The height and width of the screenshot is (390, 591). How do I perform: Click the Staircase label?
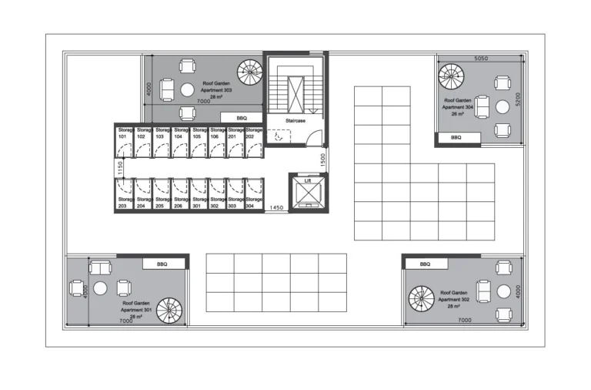(296, 121)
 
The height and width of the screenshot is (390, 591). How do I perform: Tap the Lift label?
(307, 180)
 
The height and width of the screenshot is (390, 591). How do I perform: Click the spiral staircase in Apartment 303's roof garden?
(250, 72)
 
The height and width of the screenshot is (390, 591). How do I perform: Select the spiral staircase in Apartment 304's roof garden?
(451, 76)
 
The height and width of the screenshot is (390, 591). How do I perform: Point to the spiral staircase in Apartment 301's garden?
(169, 310)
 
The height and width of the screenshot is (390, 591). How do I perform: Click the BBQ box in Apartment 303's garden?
(242, 118)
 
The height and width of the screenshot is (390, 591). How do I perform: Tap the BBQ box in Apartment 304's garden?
(456, 137)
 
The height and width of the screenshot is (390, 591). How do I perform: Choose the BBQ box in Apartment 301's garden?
(162, 264)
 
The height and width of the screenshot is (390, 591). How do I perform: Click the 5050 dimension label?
(481, 59)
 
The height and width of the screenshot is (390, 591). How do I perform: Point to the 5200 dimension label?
(519, 100)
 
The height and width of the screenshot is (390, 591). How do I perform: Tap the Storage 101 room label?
(124, 133)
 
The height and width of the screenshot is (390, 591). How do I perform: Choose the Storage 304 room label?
(253, 203)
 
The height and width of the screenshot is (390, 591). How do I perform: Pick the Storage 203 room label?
(124, 203)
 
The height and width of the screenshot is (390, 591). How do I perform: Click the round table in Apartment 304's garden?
(503, 107)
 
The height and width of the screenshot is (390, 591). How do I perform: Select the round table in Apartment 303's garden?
(187, 90)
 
